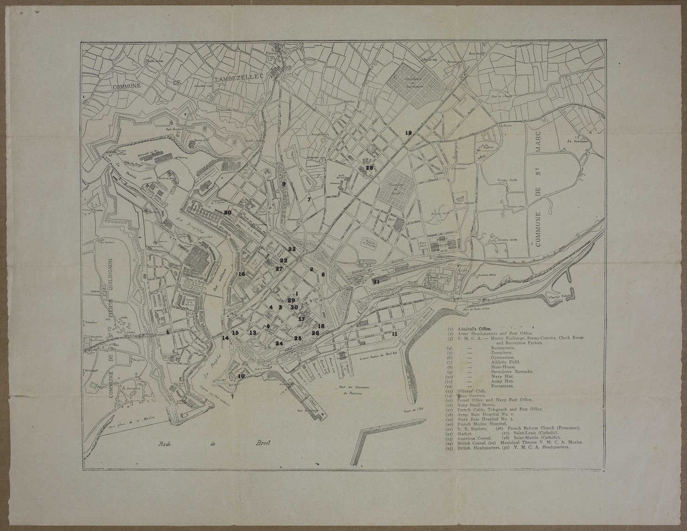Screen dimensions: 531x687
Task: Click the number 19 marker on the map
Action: tap(408, 133)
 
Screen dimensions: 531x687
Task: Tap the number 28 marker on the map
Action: tap(369, 168)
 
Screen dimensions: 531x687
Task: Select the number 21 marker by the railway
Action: tap(376, 281)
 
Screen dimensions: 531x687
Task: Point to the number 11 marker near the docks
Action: tap(394, 334)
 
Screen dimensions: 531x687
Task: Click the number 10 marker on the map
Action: tap(241, 376)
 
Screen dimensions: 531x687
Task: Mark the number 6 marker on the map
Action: tap(168, 332)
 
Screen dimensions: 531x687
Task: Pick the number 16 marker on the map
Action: tap(241, 274)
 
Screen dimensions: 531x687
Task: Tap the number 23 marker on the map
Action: tap(291, 249)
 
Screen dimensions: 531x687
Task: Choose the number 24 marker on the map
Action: tap(279, 344)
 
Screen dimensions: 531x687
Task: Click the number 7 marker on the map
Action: tap(309, 200)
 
